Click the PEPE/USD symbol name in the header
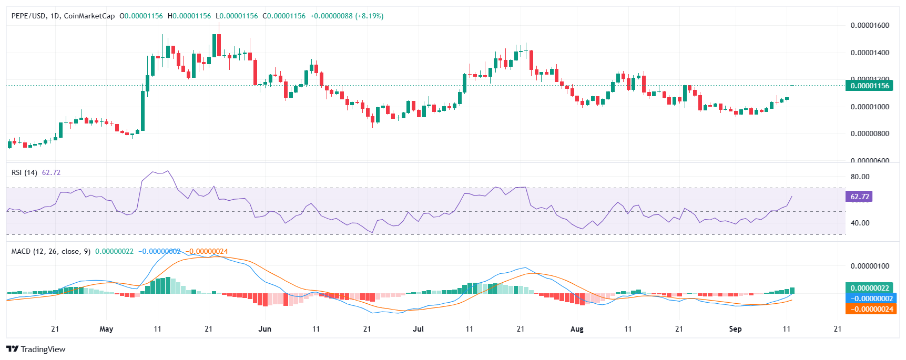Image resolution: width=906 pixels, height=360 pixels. click(28, 16)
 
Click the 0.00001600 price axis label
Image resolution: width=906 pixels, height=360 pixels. click(870, 25)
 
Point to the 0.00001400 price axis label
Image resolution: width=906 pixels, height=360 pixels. click(870, 53)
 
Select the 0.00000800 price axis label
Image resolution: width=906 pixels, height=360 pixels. click(870, 133)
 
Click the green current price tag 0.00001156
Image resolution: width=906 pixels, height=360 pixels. click(869, 86)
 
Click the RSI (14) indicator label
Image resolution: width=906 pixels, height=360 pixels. click(24, 172)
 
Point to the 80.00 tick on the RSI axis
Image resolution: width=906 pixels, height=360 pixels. click(860, 177)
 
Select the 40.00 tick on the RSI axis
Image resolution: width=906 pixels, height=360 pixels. click(860, 223)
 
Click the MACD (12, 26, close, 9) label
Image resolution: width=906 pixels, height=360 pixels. click(50, 251)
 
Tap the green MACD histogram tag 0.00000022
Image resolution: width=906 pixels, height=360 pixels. click(869, 288)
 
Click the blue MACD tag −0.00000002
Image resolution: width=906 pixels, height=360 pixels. click(869, 299)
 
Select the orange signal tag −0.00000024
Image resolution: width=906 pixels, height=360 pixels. click(869, 309)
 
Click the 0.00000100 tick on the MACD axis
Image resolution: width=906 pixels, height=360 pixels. click(870, 266)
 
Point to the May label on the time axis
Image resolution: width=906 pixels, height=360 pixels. click(106, 329)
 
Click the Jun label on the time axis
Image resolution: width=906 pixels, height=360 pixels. click(265, 329)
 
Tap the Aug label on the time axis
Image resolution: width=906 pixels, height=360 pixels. click(577, 329)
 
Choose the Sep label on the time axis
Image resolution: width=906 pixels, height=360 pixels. click(735, 329)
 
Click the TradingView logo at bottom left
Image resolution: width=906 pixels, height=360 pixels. click(36, 349)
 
